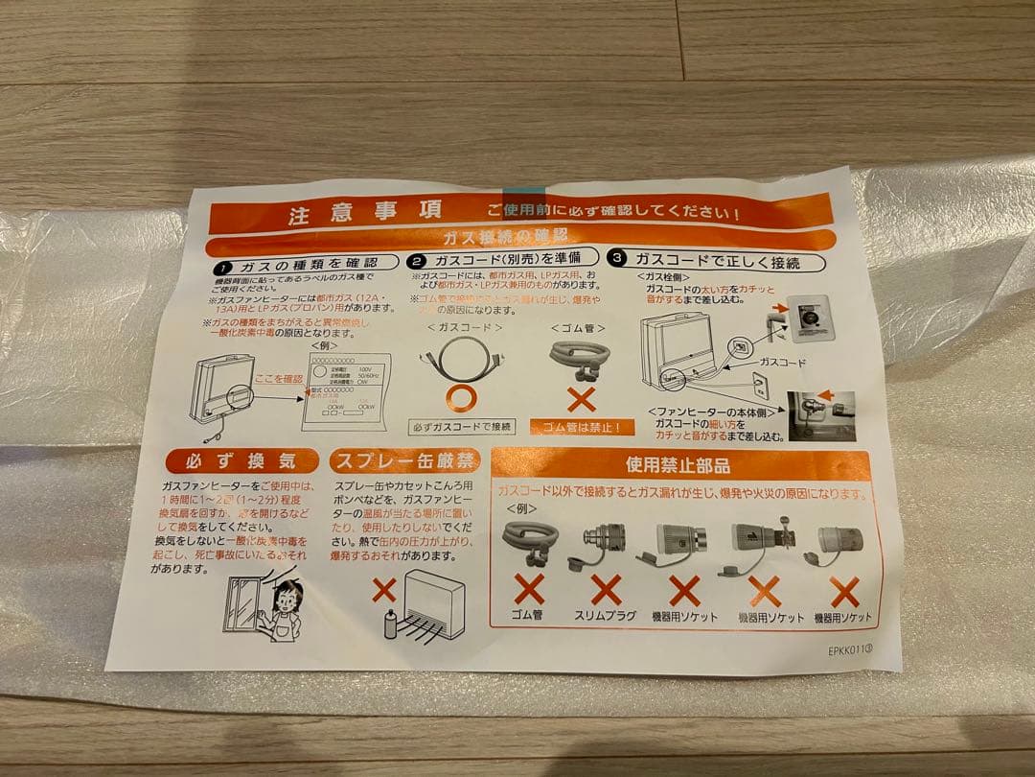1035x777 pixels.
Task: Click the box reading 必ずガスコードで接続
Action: coord(463,426)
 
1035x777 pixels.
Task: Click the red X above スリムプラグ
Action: coord(606,588)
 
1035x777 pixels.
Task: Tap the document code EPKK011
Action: coord(850,648)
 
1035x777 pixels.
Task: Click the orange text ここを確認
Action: coord(277,379)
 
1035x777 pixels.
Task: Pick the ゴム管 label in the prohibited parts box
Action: coord(526,615)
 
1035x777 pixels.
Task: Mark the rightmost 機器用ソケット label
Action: coord(843,618)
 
